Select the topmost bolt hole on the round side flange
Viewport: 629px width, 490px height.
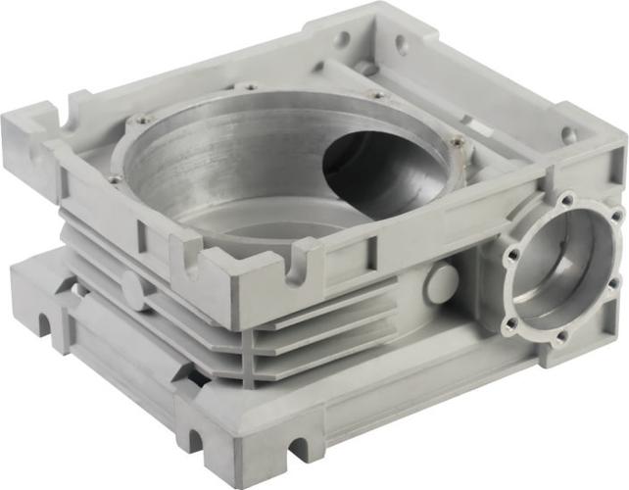tap(566, 200)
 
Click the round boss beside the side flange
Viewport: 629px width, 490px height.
tap(442, 283)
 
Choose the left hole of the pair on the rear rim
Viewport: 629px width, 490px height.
tap(342, 40)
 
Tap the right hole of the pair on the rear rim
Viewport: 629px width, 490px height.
tap(400, 44)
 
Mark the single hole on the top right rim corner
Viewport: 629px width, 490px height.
tap(568, 136)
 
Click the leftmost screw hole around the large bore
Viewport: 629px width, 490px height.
tap(117, 179)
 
